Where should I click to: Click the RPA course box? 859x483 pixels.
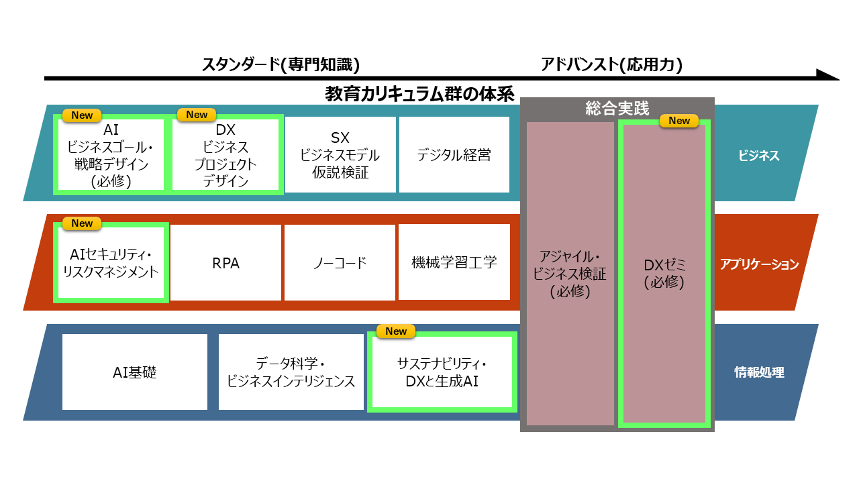(x=225, y=262)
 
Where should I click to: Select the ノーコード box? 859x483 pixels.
(x=340, y=262)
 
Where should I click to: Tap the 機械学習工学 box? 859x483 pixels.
(x=454, y=262)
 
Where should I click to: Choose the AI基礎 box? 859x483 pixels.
(x=135, y=372)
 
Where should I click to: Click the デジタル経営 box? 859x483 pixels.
(x=454, y=154)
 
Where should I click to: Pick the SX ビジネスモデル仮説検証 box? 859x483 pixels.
(x=340, y=154)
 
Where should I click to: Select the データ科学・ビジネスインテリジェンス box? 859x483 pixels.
(x=291, y=372)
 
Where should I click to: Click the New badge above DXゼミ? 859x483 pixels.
(x=679, y=121)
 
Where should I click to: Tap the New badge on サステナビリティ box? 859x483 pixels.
(x=396, y=331)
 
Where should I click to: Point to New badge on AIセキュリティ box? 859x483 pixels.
(x=82, y=223)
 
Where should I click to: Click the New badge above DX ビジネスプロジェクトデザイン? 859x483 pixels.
(x=197, y=115)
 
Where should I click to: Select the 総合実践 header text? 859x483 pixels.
(x=617, y=109)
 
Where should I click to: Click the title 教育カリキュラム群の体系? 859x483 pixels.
(x=419, y=94)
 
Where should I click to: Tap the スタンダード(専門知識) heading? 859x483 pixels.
(x=281, y=64)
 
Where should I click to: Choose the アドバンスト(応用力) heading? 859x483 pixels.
(x=611, y=64)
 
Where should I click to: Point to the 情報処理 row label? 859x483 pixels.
(x=759, y=372)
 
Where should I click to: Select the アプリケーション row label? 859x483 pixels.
(x=759, y=264)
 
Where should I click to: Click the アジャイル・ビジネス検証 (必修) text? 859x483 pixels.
(x=570, y=274)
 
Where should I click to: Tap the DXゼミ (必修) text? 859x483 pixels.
(x=664, y=273)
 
